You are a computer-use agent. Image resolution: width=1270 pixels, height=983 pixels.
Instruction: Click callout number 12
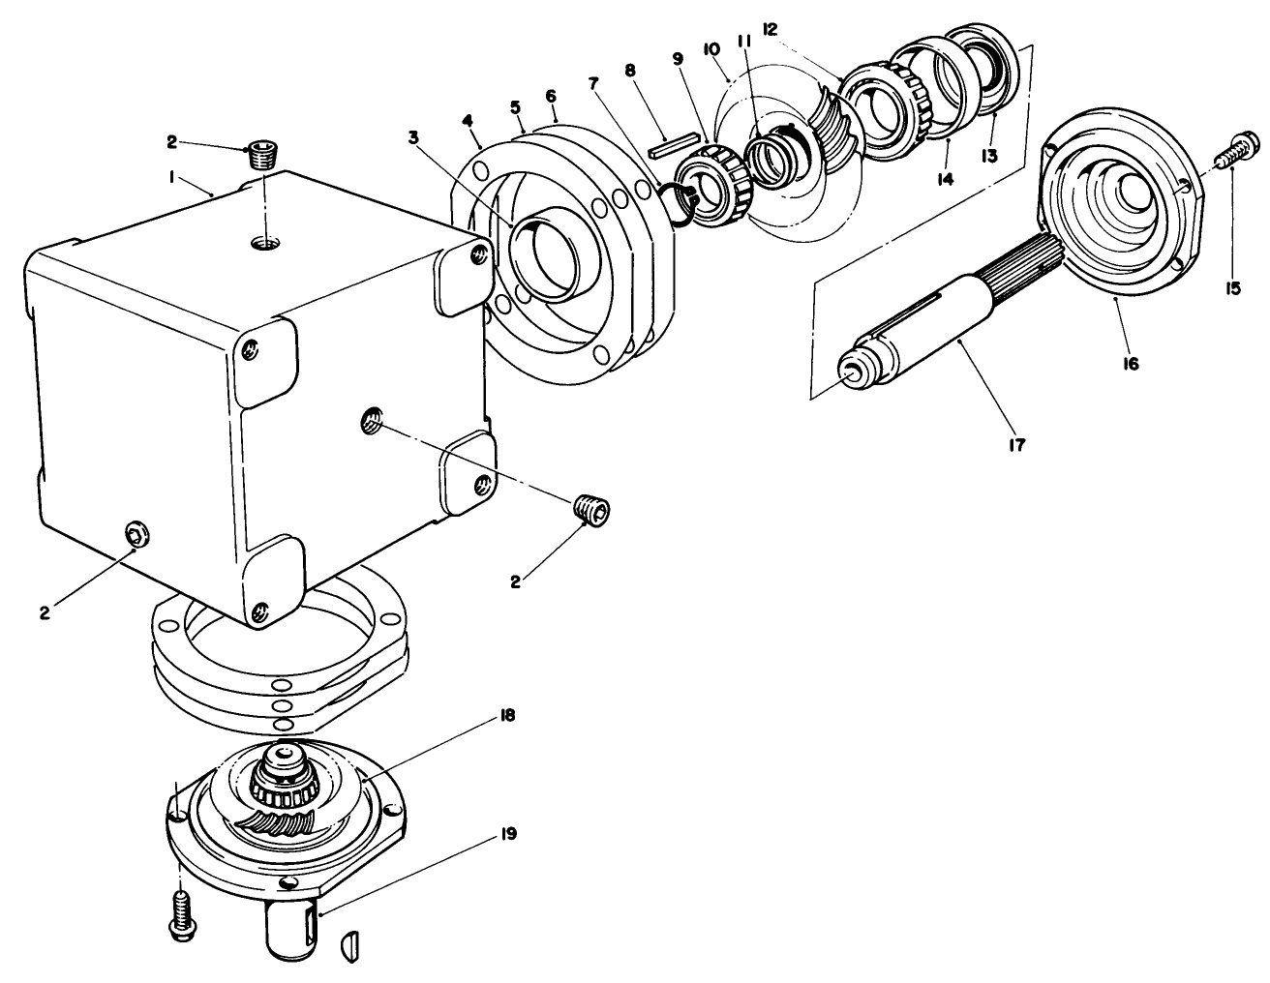click(x=770, y=29)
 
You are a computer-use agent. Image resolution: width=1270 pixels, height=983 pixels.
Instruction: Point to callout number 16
click(x=1131, y=363)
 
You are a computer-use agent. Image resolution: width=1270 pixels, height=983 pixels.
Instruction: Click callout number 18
click(x=507, y=715)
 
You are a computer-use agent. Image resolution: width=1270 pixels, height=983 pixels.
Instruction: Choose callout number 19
click(x=507, y=832)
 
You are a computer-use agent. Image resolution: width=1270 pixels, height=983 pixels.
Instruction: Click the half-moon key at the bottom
click(x=351, y=946)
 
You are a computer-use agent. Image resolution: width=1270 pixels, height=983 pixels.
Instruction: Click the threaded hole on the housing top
click(x=263, y=242)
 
